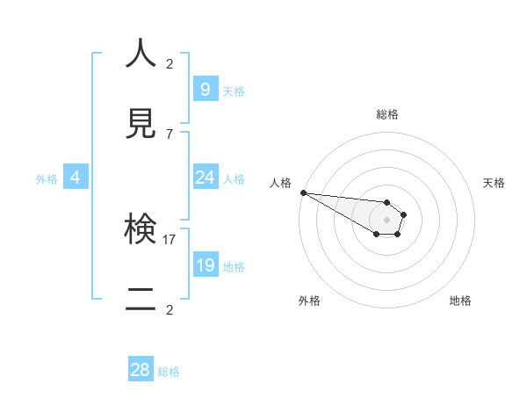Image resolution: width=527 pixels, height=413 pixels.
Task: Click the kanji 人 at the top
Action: (x=141, y=54)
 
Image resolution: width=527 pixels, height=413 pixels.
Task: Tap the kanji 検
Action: (x=141, y=230)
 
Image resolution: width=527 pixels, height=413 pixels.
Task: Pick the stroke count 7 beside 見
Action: (x=170, y=134)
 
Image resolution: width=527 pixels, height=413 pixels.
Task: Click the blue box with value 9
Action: (x=205, y=89)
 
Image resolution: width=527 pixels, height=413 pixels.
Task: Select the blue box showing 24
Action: (x=205, y=178)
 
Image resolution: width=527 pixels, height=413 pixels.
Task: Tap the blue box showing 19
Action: (x=205, y=265)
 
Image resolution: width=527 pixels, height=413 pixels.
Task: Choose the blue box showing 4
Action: (x=76, y=178)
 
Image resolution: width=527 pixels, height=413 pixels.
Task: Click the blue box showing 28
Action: (x=141, y=370)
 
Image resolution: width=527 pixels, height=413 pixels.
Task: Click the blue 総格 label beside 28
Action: (x=169, y=372)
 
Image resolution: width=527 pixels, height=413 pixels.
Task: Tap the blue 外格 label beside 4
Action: (x=47, y=179)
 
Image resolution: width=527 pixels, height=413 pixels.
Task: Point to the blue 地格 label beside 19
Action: (x=234, y=267)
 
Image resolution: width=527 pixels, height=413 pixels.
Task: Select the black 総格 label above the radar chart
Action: (x=386, y=114)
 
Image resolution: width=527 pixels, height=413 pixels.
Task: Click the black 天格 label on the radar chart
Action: (x=494, y=183)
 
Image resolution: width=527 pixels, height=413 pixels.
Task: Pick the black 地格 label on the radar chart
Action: (x=460, y=301)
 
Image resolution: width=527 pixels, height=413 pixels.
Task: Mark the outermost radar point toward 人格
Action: (x=302, y=192)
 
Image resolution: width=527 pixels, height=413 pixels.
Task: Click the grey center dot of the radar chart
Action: (x=386, y=220)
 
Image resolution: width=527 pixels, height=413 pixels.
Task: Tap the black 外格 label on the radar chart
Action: (x=309, y=301)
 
